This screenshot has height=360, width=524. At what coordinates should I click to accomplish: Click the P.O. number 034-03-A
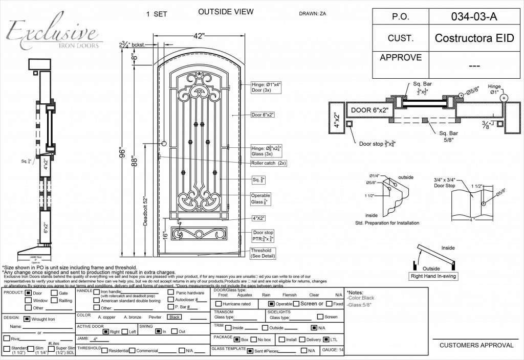click(474, 16)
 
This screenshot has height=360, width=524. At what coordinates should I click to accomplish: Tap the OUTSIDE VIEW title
click(221, 12)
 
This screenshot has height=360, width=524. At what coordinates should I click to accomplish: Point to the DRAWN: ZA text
click(312, 14)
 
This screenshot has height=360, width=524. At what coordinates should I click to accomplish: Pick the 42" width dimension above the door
click(199, 36)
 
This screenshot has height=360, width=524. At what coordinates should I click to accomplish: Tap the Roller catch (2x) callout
click(268, 163)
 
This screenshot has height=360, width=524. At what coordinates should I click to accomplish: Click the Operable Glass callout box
click(260, 198)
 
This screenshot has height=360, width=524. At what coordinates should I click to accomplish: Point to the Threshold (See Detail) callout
click(263, 253)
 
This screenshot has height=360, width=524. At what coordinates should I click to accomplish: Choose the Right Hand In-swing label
click(433, 276)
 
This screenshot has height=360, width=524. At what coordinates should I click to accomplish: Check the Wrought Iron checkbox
click(27, 318)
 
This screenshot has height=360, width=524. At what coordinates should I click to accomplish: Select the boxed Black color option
click(174, 317)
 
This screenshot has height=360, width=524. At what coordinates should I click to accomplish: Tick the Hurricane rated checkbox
click(217, 304)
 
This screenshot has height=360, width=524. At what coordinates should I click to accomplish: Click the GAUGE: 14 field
click(333, 350)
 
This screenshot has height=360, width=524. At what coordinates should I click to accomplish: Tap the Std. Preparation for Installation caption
click(387, 223)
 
